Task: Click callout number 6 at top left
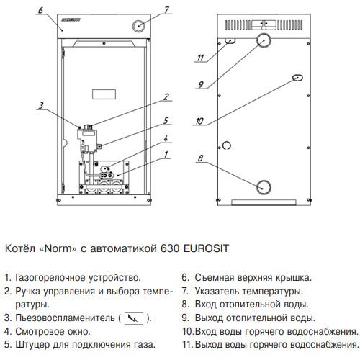(40, 10)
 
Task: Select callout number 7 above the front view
(166, 10)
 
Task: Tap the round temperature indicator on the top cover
(138, 26)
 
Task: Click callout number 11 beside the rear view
(200, 58)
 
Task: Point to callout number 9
(201, 84)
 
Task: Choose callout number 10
(199, 121)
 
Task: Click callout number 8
(200, 158)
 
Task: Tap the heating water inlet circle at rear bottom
(264, 187)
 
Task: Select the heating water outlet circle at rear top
(264, 40)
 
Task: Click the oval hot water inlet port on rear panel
(297, 78)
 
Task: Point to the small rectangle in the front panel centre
(104, 94)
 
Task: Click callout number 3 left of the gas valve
(41, 105)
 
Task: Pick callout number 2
(166, 96)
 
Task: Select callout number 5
(166, 120)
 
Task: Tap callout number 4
(166, 139)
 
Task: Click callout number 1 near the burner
(166, 154)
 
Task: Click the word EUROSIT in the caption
(206, 248)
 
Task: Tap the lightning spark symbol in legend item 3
(134, 318)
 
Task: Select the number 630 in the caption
(170, 248)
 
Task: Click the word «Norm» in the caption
(58, 248)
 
